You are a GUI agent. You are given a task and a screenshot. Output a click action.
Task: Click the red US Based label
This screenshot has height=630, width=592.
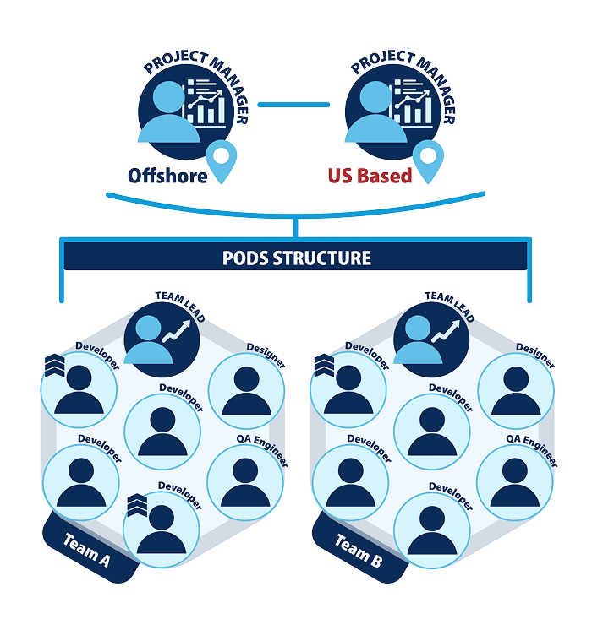[x=370, y=176]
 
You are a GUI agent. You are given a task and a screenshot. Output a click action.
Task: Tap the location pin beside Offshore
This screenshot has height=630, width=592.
[x=220, y=161]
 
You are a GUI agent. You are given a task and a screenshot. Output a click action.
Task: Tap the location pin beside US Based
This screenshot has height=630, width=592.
[x=428, y=161]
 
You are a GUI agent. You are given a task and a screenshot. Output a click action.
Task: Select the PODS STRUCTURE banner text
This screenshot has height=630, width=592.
[x=296, y=258]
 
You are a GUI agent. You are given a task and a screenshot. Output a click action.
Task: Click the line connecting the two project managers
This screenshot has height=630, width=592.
[x=293, y=105]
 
